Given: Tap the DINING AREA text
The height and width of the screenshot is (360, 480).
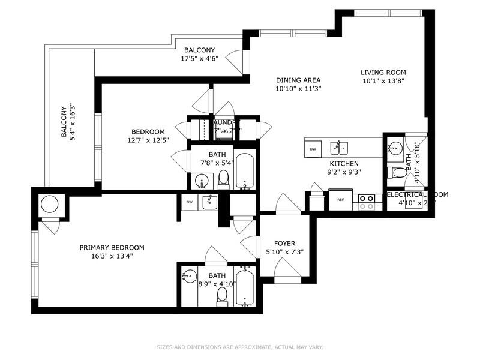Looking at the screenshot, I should (x=298, y=80).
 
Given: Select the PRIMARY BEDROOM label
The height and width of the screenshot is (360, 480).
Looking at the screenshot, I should (x=112, y=247).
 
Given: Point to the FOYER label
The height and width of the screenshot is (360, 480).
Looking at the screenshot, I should (x=284, y=244).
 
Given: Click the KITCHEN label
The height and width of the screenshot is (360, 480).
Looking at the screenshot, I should (x=344, y=163).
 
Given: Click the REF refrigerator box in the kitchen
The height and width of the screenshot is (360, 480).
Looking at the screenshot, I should (x=341, y=200).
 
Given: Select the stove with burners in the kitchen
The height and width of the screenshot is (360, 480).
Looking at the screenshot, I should (x=366, y=201).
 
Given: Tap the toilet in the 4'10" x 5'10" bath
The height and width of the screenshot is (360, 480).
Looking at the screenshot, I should (x=397, y=173).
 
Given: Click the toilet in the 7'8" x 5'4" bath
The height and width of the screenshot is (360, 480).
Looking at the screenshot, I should (x=223, y=178).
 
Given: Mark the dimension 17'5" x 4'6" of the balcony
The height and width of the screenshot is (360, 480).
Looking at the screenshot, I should (x=199, y=59).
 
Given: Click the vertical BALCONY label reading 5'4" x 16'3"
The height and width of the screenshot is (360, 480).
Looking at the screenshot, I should (x=67, y=123).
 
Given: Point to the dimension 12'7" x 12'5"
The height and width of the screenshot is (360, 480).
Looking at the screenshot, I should (x=148, y=140).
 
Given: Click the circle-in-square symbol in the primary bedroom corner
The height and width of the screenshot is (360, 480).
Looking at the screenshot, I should (x=50, y=205).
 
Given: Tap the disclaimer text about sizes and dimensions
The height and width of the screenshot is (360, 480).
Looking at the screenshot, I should (x=240, y=347).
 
